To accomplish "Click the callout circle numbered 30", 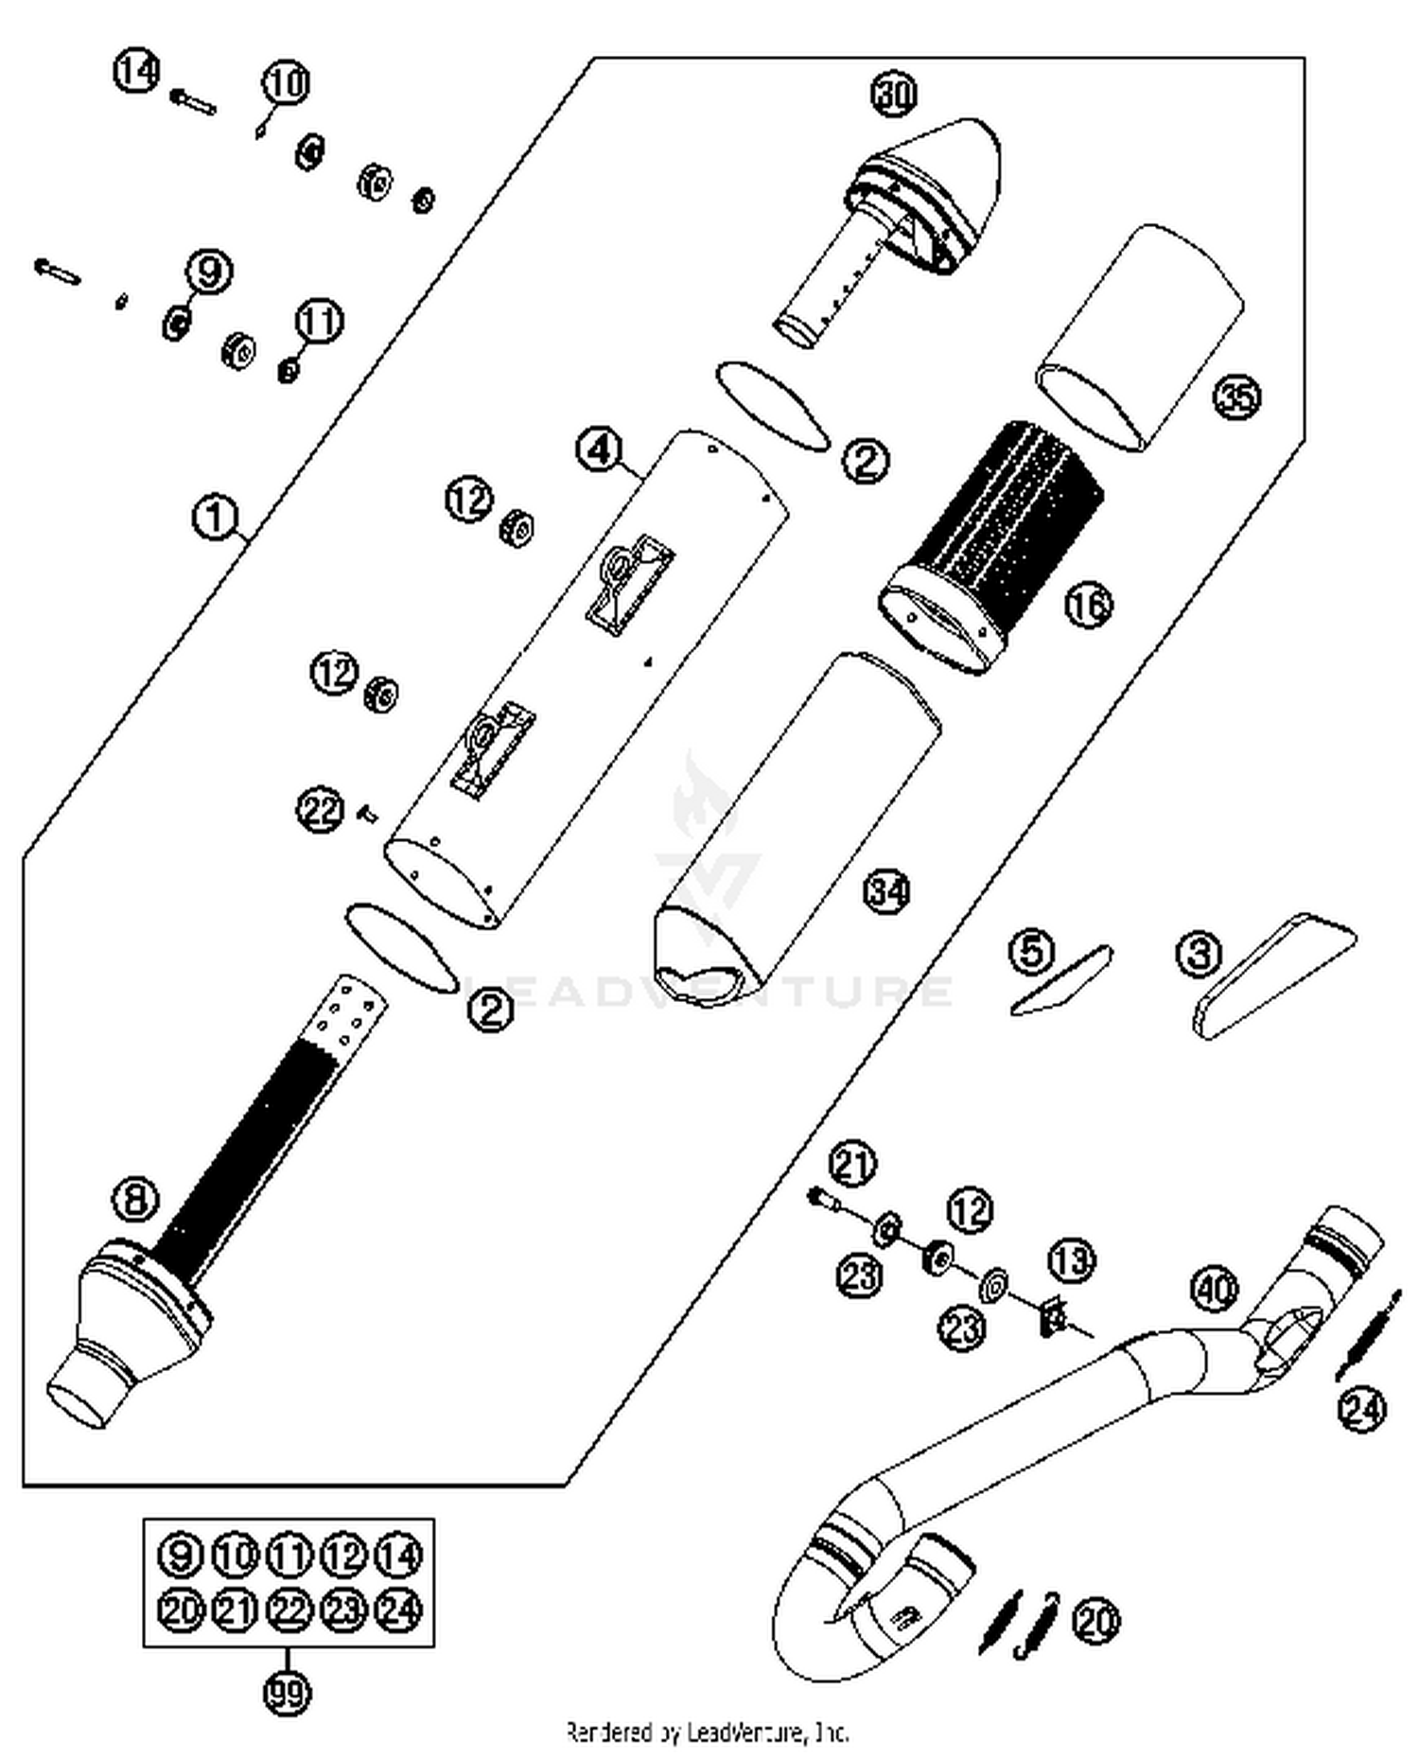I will pos(894,94).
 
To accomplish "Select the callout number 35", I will pos(1236,396).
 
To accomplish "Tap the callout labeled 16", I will pos(1089,604).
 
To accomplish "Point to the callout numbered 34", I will pos(887,891).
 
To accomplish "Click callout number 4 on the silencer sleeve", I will pos(600,449).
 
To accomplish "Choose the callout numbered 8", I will pos(136,1201).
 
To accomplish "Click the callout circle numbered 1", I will pos(215,517).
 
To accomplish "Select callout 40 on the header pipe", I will pos(1214,1289).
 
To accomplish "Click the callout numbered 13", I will pos(1072,1260).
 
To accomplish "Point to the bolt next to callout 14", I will pos(194,100).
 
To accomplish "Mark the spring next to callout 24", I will pos(1367,1334).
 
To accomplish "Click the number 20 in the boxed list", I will pos(180,1609).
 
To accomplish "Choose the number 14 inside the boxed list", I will pos(398,1556).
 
